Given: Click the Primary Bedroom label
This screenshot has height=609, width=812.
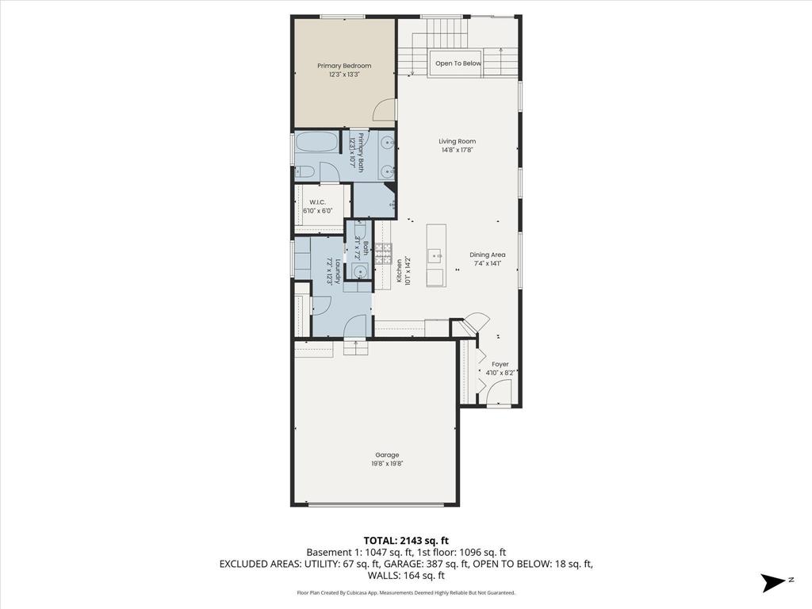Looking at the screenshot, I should [x=344, y=66].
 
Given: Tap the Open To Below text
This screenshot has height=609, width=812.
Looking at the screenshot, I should [x=458, y=63].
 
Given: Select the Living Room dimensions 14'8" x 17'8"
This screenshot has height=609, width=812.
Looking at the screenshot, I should [x=458, y=150].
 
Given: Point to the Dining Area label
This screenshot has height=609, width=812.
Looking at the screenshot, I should [x=488, y=255].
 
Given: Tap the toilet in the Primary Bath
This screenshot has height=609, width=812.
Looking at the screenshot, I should [x=305, y=171].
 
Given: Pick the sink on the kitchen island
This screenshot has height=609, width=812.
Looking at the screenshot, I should [x=435, y=255].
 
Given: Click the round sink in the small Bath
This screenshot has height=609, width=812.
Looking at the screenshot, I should [x=360, y=272].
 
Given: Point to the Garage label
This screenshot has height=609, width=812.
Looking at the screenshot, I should [x=387, y=455].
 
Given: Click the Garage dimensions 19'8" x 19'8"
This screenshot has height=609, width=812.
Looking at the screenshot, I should [x=387, y=464].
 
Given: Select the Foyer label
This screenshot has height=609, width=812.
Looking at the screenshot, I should [x=500, y=364].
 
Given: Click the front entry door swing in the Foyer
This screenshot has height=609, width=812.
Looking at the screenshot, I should [x=498, y=392].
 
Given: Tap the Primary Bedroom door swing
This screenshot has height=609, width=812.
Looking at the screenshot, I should [x=385, y=110].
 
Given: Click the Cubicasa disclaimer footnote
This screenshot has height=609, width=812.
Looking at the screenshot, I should [x=406, y=592].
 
